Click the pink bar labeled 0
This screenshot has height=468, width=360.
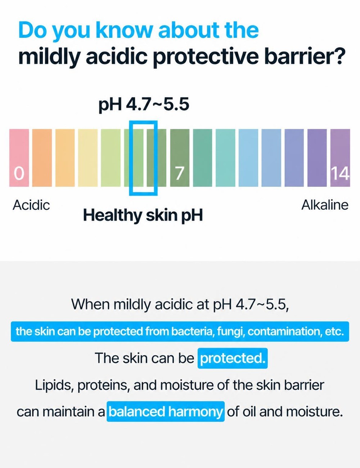click(x=19, y=158)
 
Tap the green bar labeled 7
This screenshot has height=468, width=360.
click(x=180, y=158)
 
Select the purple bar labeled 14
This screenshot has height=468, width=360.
click(x=340, y=158)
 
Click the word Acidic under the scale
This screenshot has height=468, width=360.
click(x=31, y=205)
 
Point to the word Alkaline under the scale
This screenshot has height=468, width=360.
click(x=325, y=205)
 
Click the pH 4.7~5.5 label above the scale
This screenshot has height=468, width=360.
click(x=144, y=104)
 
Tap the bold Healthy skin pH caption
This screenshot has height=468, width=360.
click(x=143, y=216)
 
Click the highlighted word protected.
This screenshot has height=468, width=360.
click(x=233, y=358)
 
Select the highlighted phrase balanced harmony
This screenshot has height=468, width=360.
click(x=166, y=411)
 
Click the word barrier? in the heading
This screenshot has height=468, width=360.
click(x=303, y=57)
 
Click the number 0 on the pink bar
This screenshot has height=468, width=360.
click(x=19, y=174)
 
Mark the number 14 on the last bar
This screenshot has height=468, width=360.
click(x=340, y=174)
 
